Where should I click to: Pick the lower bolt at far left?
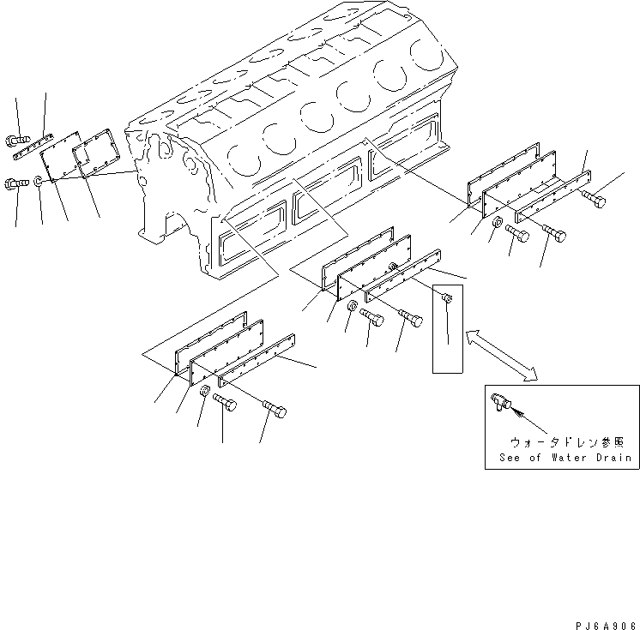tap(17, 182)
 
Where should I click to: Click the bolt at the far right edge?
tap(594, 200)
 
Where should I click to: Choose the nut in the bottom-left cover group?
tap(205, 393)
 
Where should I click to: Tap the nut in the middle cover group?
tap(352, 308)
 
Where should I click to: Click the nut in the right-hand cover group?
tap(498, 224)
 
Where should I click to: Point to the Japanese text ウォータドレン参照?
tap(563, 442)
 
